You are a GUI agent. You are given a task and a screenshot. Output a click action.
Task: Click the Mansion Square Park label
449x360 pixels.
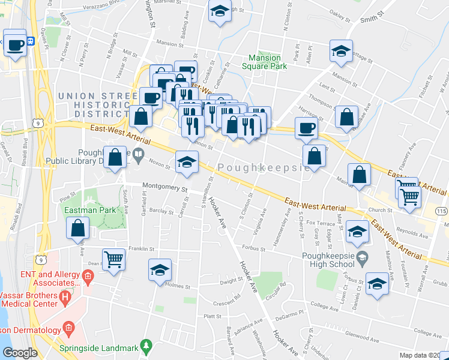click(269, 62)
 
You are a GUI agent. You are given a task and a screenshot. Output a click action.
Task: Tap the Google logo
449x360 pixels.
click(20, 353)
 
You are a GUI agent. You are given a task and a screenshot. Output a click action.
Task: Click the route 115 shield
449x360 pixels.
click(442, 211)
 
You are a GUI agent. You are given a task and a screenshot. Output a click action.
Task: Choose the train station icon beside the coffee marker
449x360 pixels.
click(31, 41)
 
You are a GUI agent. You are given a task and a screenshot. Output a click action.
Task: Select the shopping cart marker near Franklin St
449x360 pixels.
click(113, 260)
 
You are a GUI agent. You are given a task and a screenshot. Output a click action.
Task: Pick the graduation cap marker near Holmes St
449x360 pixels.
click(160, 270)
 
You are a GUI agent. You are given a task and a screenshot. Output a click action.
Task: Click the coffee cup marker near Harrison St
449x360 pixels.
click(306, 127)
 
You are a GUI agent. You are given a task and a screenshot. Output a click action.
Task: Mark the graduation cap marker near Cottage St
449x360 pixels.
click(341, 51)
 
